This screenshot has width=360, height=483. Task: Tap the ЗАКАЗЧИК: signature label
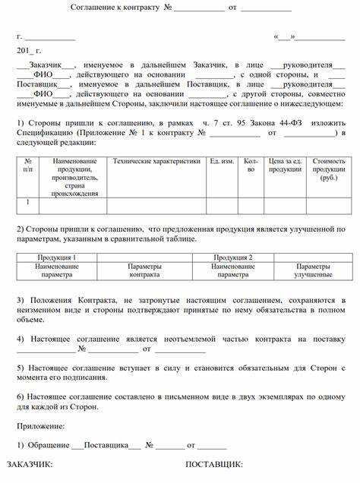pyautogui.click(x=30, y=463)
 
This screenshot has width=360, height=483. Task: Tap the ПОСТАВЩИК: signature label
pyautogui.click(x=213, y=463)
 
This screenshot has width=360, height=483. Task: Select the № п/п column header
pyautogui.click(x=28, y=166)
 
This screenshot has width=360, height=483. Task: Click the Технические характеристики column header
pyautogui.click(x=156, y=162)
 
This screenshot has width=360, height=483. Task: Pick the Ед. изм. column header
pyautogui.click(x=221, y=162)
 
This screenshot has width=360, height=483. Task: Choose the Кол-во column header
pyautogui.click(x=251, y=166)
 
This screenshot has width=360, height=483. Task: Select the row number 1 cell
pyautogui.click(x=28, y=203)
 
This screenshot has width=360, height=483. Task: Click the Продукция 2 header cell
pyautogui.click(x=233, y=257)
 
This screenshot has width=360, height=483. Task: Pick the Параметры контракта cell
pyautogui.click(x=144, y=270)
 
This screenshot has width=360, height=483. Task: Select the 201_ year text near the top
pyautogui.click(x=25, y=49)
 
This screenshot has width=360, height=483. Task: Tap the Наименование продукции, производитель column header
pyautogui.click(x=74, y=178)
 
